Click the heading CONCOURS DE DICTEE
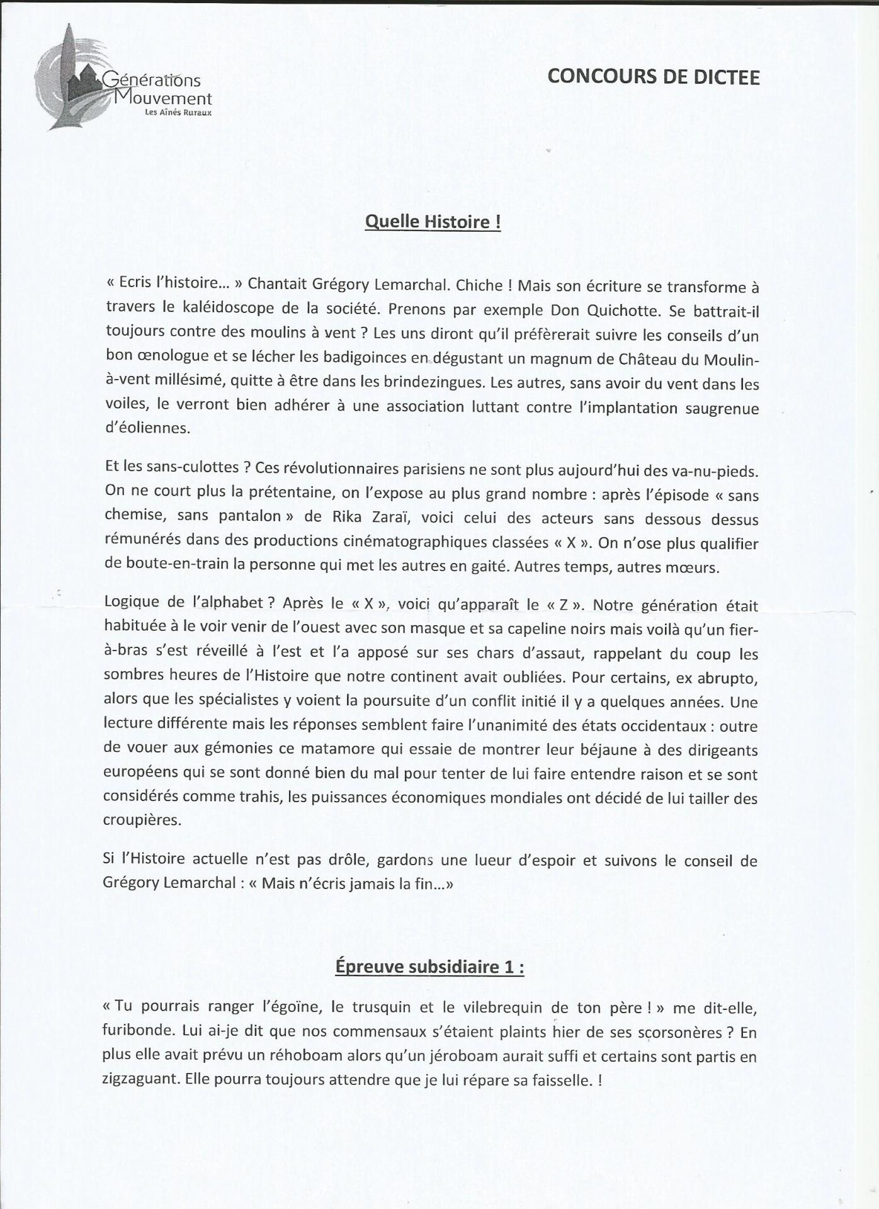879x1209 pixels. tap(653, 77)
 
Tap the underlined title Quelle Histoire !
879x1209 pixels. tap(433, 222)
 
